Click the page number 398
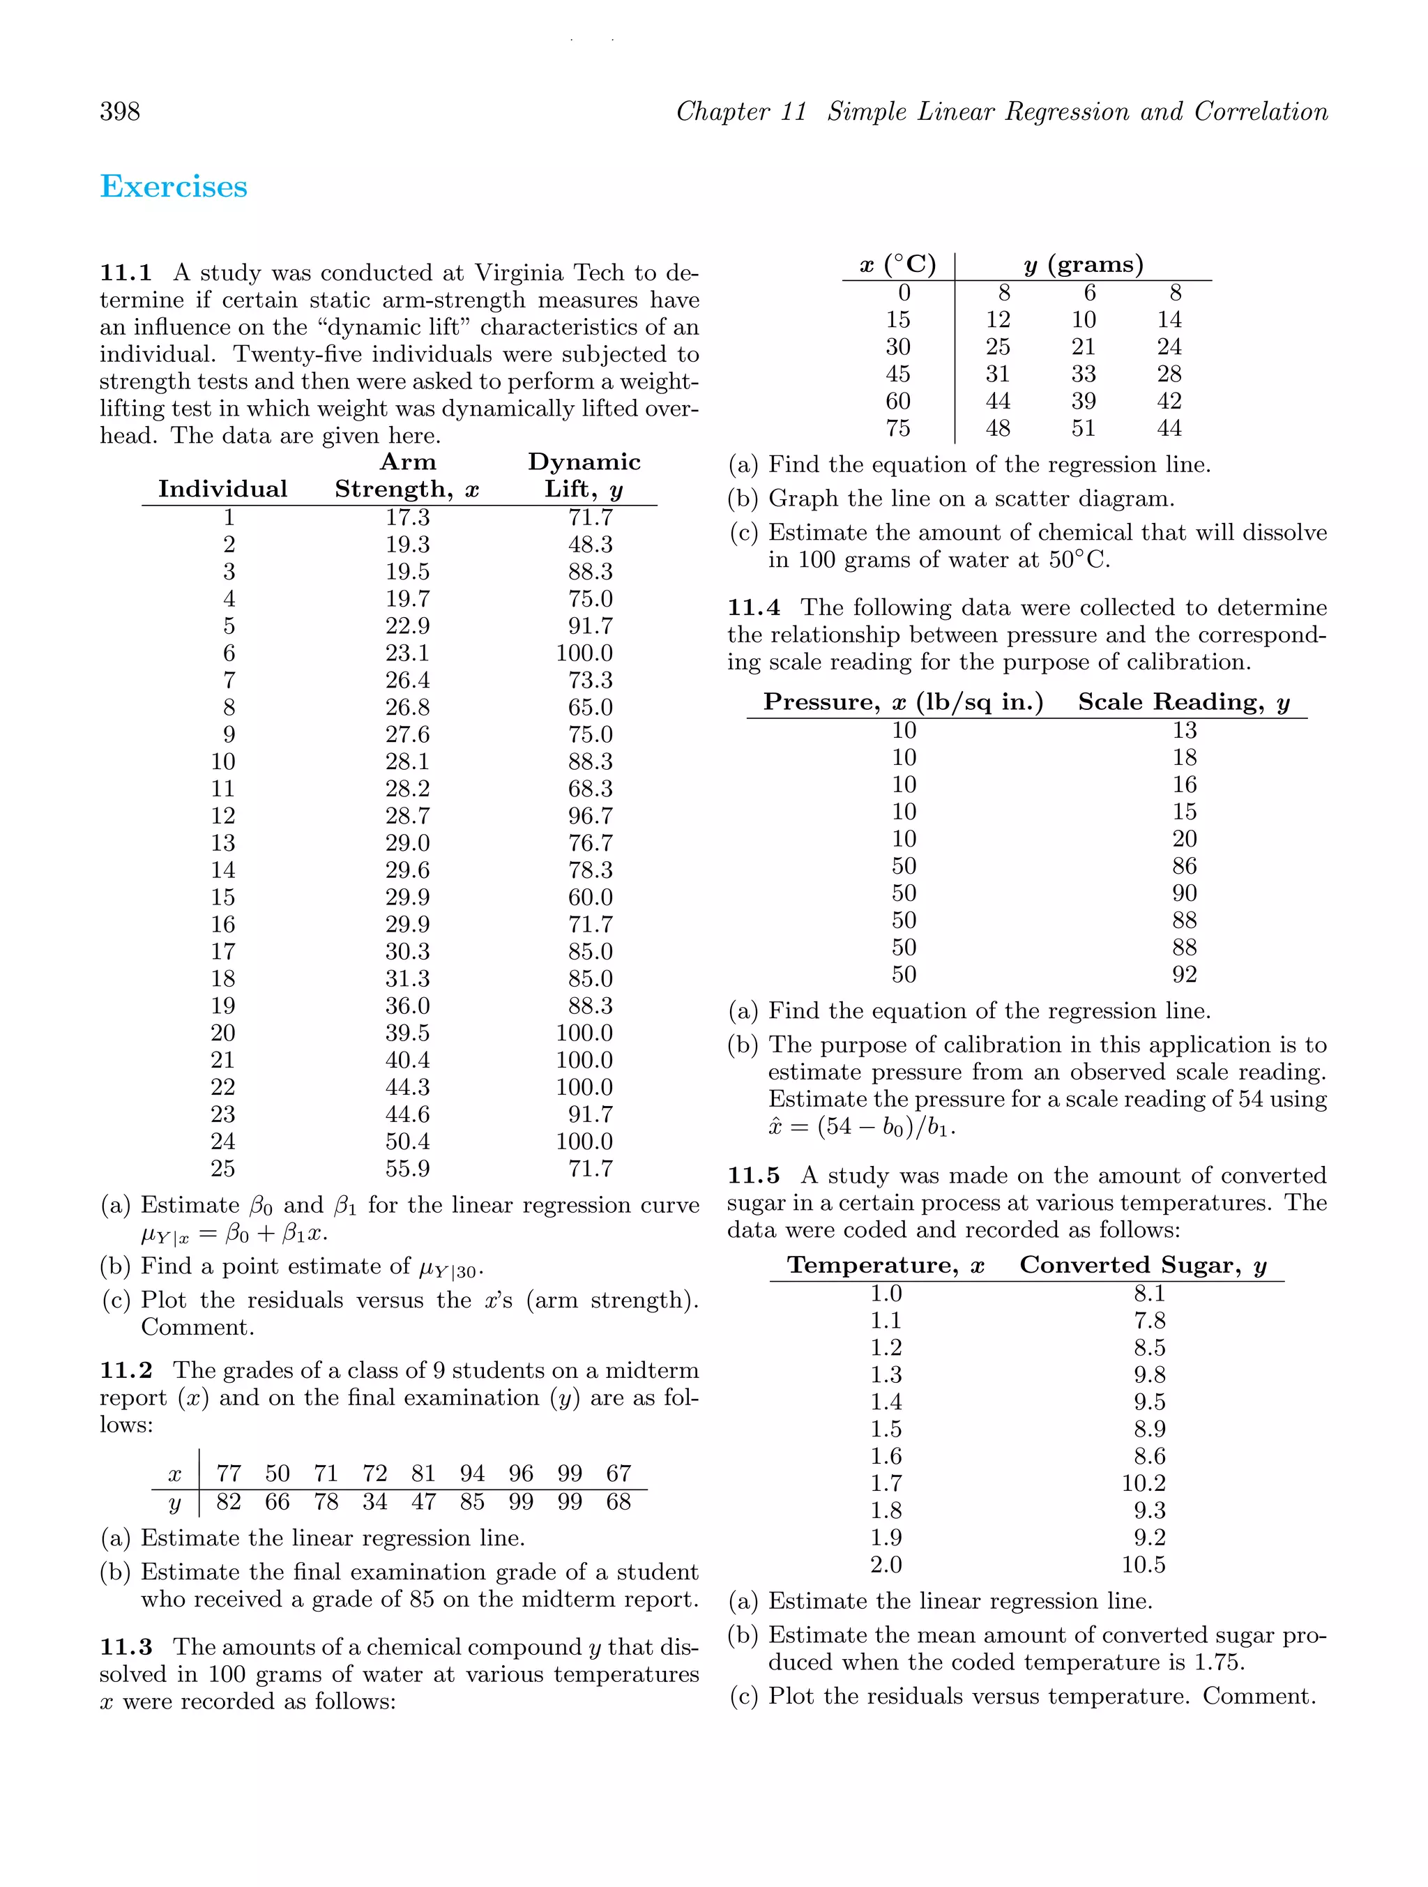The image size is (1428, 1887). click(121, 112)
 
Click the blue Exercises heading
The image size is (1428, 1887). click(174, 187)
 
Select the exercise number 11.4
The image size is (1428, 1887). click(753, 607)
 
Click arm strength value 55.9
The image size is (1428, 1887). click(407, 1169)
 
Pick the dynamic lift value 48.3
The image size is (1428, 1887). click(591, 544)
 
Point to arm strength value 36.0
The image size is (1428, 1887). click(407, 1006)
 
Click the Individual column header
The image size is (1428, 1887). click(222, 489)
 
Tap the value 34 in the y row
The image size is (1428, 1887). click(374, 1501)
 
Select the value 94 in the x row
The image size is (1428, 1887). click(472, 1473)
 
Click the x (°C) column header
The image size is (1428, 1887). click(897, 264)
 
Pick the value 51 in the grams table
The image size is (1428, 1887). click(1084, 428)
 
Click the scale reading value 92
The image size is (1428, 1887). click(1184, 974)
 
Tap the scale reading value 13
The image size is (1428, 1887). click(1184, 730)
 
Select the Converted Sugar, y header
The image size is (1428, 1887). click(1142, 1265)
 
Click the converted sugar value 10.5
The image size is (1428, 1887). click(1143, 1565)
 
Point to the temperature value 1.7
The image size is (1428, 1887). click(886, 1483)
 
